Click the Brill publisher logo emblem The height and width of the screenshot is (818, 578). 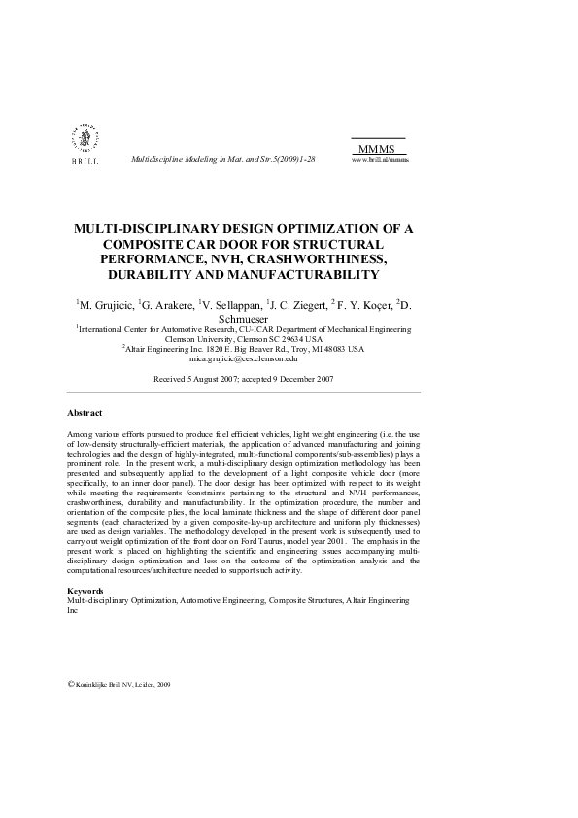(84, 140)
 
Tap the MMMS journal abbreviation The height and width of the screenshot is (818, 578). (376, 148)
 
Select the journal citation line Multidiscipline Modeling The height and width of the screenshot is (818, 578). (222, 158)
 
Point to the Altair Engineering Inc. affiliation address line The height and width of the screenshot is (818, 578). (243, 349)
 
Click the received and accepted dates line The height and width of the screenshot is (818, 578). (244, 378)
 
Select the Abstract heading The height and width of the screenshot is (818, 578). (85, 413)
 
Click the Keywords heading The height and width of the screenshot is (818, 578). (85, 591)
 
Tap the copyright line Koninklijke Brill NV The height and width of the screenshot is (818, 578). (119, 684)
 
